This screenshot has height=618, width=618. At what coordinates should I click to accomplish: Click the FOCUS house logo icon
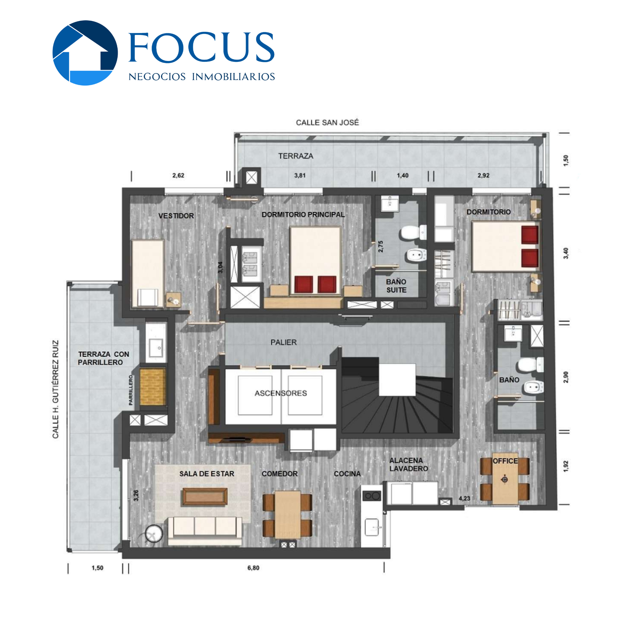85,53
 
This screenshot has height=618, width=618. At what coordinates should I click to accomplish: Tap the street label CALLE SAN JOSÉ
327,122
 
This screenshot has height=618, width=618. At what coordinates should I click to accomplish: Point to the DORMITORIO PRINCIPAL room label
303,215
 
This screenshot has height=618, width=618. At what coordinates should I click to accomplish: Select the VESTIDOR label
176,216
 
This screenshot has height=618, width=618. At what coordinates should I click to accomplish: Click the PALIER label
284,342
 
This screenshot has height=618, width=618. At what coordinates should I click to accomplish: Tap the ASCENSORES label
281,393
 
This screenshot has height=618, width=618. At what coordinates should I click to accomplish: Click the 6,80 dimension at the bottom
253,568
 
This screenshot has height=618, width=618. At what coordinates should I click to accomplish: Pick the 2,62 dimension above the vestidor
178,175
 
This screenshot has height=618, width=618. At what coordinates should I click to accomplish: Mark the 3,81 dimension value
300,175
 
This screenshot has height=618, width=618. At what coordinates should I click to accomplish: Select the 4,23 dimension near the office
464,499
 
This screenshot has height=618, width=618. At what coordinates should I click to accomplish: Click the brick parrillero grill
153,387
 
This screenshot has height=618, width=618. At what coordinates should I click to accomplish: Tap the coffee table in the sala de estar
205,497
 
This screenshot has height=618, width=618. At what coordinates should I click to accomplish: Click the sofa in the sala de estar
205,531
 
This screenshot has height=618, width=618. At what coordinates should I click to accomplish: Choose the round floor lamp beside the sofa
154,533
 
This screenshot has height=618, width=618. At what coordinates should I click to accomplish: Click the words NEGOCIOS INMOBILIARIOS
202,77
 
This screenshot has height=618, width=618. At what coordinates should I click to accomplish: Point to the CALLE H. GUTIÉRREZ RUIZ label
55,389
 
